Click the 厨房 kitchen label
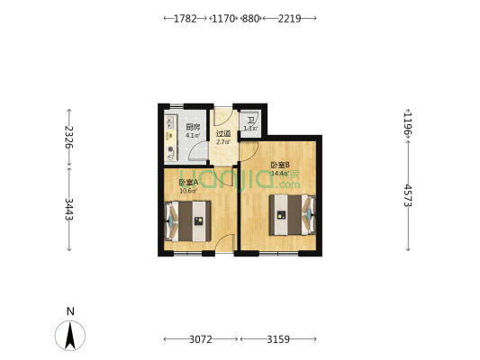pyautogui.click(x=192, y=127)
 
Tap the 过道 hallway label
pyautogui.click(x=223, y=133)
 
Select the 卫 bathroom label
pyautogui.click(x=250, y=120)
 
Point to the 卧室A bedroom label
pyautogui.click(x=189, y=183)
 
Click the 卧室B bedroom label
pyautogui.click(x=279, y=165)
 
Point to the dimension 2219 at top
pyautogui.click(x=290, y=18)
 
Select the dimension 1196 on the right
pyautogui.click(x=407, y=122)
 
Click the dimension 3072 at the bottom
pyautogui.click(x=200, y=339)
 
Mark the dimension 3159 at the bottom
pyautogui.click(x=278, y=339)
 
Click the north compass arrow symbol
pyautogui.click(x=70, y=335)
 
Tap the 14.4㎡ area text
pyautogui.click(x=279, y=173)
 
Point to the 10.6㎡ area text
pyautogui.click(x=188, y=191)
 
